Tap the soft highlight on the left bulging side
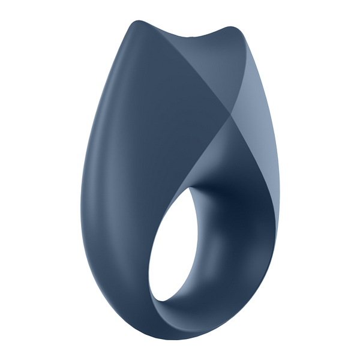[x=99, y=180]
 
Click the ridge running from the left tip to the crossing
[x=186, y=69]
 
